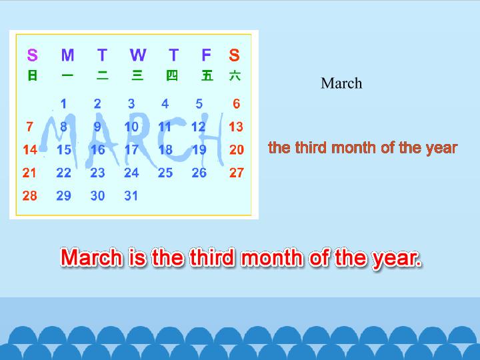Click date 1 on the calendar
(63, 104)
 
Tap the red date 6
(236, 104)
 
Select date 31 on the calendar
(131, 195)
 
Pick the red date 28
(30, 195)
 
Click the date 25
(165, 173)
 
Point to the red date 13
(236, 127)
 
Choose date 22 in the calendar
(64, 173)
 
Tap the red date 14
(30, 150)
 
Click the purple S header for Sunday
(33, 55)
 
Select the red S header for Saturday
(234, 55)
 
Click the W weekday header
(138, 55)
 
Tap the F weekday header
(206, 55)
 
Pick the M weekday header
(67, 55)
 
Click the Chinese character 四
(172, 75)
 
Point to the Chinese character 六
(235, 75)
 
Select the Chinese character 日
(33, 75)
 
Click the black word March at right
(341, 83)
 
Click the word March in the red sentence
(91, 257)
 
